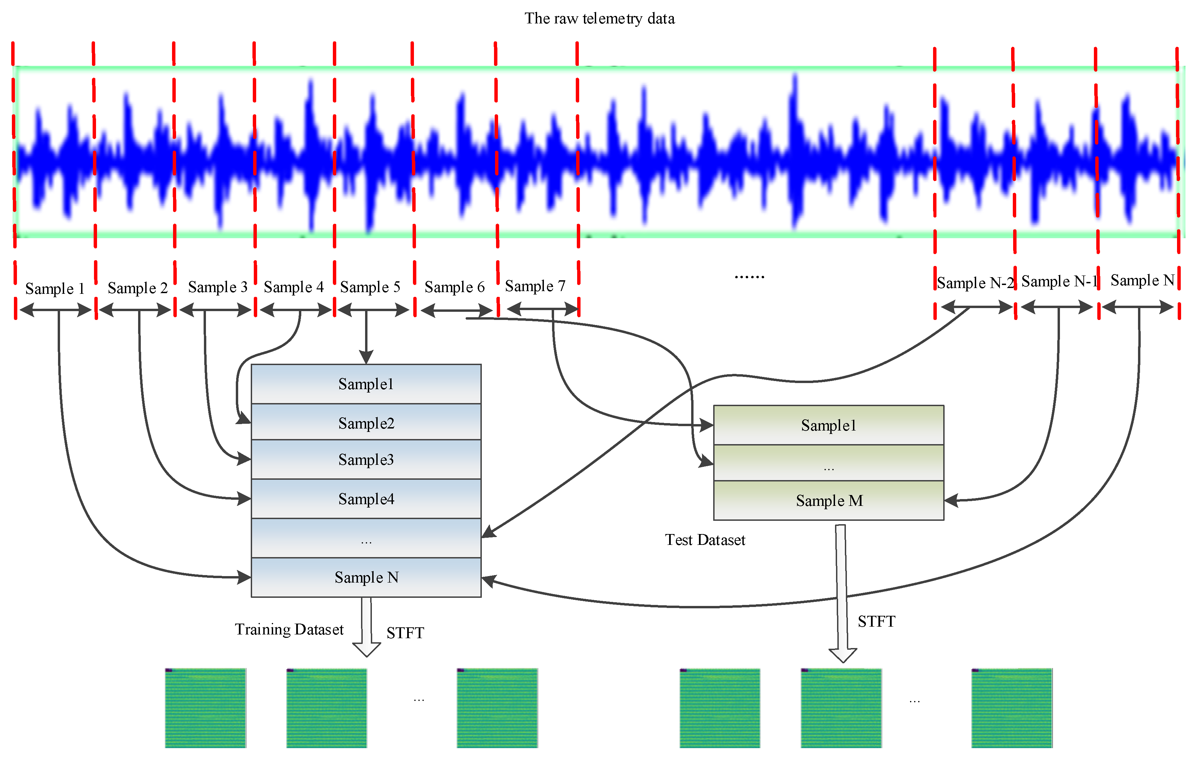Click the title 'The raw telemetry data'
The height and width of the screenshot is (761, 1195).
(600, 18)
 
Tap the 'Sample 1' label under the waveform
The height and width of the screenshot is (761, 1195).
(55, 288)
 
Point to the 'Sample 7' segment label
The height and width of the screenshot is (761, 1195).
(535, 286)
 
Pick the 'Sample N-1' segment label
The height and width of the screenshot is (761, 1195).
(1059, 281)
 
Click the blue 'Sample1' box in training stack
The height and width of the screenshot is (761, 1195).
(366, 384)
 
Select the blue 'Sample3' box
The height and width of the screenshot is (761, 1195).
(366, 459)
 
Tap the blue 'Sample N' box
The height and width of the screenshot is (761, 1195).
(366, 577)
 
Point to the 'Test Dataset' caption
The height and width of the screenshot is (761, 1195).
(705, 540)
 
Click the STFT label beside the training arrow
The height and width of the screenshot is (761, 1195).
(405, 633)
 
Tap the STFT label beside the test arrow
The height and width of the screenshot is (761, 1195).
(876, 622)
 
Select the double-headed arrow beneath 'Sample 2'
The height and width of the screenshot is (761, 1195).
(135, 310)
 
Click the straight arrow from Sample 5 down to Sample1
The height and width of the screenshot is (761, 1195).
(366, 337)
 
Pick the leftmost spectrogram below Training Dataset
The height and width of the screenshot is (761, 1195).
(206, 708)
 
